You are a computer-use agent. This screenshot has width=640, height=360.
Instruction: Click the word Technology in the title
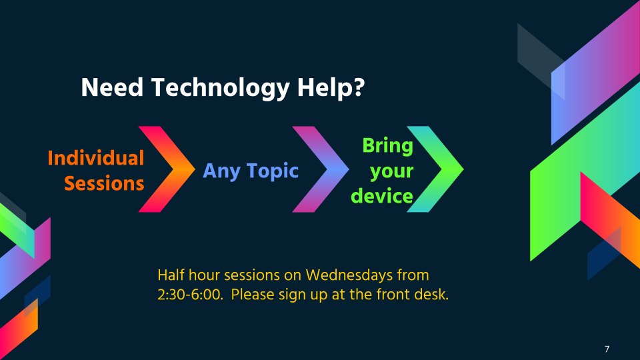tap(221, 89)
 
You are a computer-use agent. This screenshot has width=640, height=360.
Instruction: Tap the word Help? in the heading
tap(331, 89)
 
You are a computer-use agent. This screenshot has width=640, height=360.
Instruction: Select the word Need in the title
tap(112, 87)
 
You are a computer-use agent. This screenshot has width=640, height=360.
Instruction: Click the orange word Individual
tap(96, 158)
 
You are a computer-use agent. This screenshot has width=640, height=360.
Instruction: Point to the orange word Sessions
tap(104, 184)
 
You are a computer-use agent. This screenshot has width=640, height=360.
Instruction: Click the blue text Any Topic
tap(251, 171)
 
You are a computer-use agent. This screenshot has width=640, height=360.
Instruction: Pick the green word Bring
tap(388, 146)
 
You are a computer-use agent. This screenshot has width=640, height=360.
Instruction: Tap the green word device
tap(382, 196)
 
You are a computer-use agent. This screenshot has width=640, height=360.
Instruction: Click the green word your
tap(392, 172)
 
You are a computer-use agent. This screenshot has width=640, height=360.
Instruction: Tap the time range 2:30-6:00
tap(190, 294)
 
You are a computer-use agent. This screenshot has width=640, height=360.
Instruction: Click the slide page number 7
tap(607, 349)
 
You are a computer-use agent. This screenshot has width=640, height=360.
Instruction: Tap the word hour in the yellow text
tap(205, 275)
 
